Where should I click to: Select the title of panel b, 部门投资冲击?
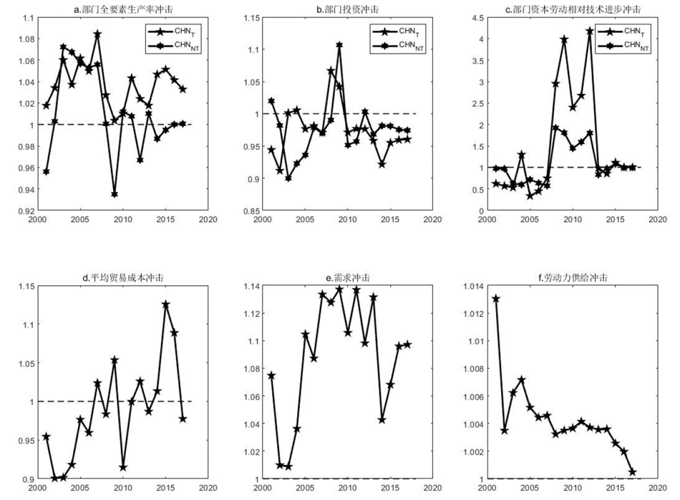pos(343,9)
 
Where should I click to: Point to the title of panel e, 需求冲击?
pos(343,278)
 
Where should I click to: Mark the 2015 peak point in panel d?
pos(166,304)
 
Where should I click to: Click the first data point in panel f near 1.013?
pos(496,298)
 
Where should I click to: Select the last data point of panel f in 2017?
pos(633,472)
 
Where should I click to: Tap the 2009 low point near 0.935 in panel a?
pos(115,194)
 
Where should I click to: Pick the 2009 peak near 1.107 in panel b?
pos(339,45)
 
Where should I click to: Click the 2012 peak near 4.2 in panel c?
pos(590,31)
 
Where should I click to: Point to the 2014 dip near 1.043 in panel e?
pos(382,419)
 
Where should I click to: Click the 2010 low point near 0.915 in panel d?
pos(123,467)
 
